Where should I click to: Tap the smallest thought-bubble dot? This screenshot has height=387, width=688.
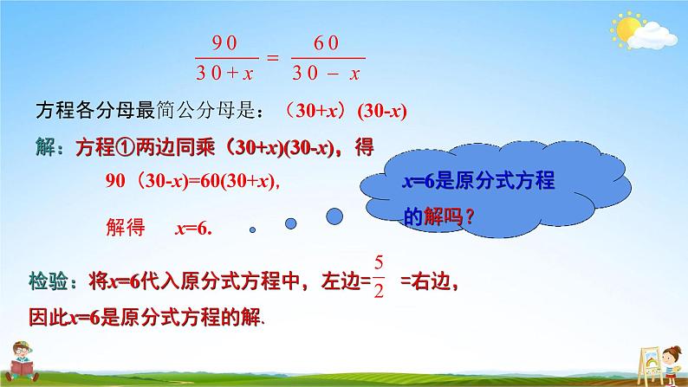tap(253, 230)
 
